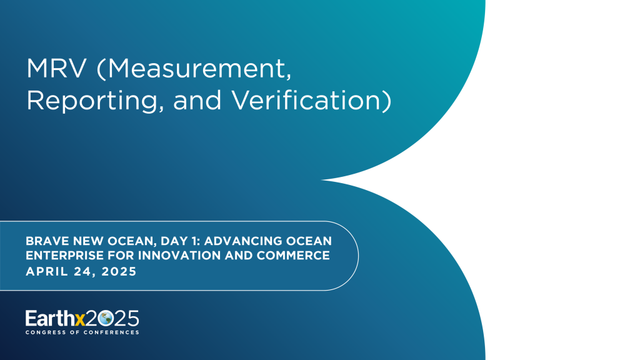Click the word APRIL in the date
pos(46,272)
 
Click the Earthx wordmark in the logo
pos(54,318)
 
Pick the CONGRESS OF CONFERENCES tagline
pos(82,332)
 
